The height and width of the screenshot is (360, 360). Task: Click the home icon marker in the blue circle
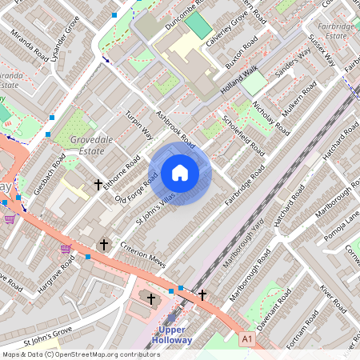coord(180,173)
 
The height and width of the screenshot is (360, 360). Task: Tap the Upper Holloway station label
coord(175,334)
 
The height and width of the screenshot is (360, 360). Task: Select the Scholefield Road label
coord(245,132)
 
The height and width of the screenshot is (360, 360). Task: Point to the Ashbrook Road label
coord(176,128)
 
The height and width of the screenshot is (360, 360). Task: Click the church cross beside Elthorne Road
coord(98,185)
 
